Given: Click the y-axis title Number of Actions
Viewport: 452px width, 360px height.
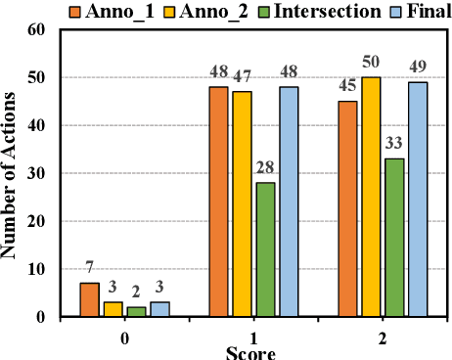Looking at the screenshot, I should coord(11,173).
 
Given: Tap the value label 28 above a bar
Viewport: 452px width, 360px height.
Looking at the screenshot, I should coord(266,168).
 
